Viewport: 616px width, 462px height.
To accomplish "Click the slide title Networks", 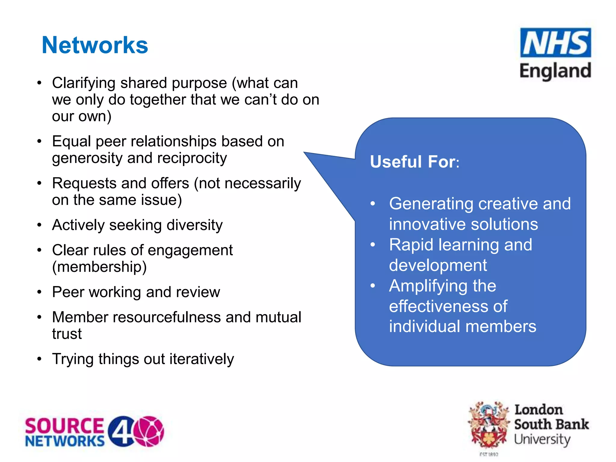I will (95, 45).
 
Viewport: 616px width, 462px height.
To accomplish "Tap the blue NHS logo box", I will (555, 43).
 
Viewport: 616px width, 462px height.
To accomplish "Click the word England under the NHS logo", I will (555, 71).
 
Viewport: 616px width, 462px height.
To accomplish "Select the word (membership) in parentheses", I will (99, 267).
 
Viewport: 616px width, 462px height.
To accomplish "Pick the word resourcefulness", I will (167, 317).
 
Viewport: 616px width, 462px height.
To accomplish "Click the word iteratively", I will (202, 359).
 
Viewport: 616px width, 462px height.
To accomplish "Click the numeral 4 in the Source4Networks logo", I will (121, 431).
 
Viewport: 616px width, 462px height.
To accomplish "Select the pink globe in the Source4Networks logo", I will (149, 431).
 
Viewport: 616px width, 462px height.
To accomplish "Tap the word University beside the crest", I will (542, 439).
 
